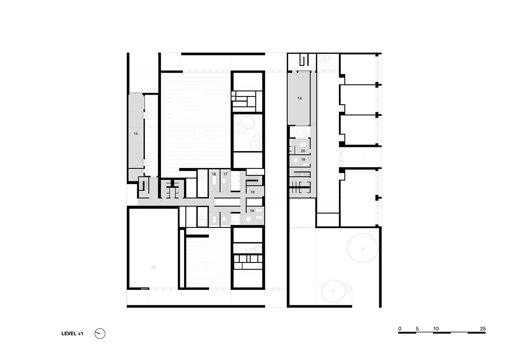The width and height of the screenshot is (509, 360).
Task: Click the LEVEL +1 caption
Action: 72,334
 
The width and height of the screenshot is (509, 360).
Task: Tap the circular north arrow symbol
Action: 100,334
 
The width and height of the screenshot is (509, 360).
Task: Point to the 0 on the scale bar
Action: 400,329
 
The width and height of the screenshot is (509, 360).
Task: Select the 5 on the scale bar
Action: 417,329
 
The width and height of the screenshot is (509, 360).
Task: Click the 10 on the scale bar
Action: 436,329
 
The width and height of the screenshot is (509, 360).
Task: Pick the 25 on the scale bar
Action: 483,329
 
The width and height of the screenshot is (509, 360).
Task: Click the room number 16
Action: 214,174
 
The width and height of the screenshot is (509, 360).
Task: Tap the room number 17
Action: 225,174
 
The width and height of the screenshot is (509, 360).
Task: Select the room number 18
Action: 252,192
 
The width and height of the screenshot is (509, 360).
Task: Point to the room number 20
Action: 303,151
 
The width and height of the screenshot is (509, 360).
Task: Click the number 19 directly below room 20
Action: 303,160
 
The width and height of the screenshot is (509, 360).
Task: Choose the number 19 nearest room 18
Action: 252,211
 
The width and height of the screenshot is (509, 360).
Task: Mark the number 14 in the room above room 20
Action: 300,98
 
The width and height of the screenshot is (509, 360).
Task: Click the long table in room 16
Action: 214,181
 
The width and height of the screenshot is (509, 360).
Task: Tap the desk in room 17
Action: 224,181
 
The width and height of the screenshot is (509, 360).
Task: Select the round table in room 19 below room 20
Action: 296,160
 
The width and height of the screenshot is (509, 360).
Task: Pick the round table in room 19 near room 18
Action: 248,219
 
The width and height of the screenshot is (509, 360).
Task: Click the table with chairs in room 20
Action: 303,144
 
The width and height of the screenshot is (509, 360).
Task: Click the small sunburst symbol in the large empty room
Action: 154,268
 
